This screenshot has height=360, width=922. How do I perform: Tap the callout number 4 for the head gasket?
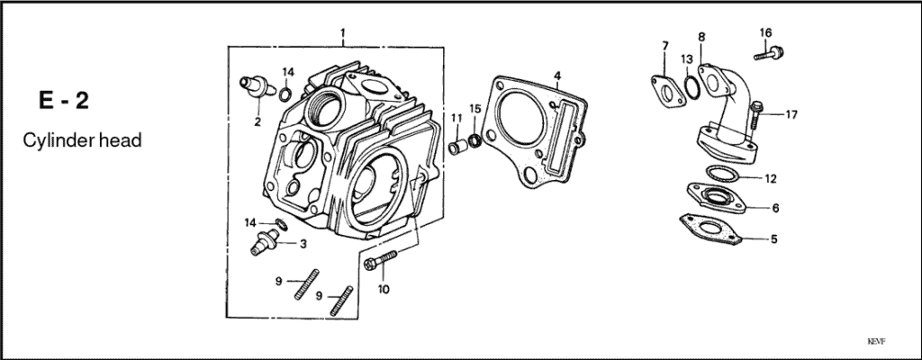(557, 75)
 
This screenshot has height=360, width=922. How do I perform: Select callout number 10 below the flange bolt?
(384, 289)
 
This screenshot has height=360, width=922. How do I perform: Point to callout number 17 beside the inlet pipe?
(791, 114)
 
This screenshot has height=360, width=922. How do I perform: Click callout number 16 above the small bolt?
(765, 33)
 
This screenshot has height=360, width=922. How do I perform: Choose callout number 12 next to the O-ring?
(770, 177)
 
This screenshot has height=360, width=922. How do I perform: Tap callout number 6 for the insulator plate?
(774, 208)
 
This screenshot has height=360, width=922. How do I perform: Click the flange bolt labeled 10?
(380, 262)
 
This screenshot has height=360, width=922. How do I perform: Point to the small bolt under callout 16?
(767, 54)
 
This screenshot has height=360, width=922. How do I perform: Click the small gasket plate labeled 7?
(665, 89)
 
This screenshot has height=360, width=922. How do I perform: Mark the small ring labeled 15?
(475, 139)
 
